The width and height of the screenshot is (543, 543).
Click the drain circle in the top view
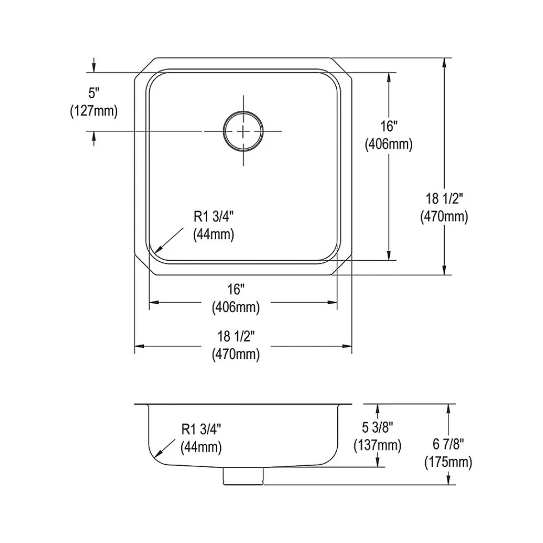(243, 131)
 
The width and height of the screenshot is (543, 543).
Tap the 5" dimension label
(94, 93)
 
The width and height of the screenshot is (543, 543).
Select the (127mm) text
(94, 111)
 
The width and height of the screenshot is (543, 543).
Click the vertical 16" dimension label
(389, 126)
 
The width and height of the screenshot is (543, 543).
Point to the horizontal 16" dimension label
(236, 289)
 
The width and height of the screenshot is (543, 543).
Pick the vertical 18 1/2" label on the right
(444, 199)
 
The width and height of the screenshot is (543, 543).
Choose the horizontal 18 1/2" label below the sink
(236, 336)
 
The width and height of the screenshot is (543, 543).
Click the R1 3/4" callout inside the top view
(213, 217)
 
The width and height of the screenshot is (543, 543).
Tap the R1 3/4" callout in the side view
(201, 430)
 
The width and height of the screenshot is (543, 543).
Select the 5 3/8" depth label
(377, 427)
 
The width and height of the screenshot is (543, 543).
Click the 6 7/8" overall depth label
(449, 444)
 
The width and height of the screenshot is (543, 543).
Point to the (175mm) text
(449, 462)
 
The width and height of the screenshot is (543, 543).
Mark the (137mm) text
(377, 445)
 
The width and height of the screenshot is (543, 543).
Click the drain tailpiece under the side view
(243, 476)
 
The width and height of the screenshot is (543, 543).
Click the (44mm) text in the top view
(213, 235)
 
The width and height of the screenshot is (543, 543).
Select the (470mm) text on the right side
(444, 217)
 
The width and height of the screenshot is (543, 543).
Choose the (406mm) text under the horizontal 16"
(236, 307)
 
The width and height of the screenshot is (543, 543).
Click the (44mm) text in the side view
(201, 447)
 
